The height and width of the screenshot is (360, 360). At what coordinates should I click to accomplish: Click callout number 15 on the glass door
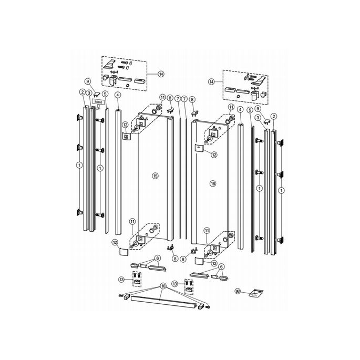click(x=155, y=174)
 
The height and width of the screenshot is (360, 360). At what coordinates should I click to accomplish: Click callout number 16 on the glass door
click(x=213, y=183)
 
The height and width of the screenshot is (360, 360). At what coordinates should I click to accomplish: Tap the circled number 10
click(x=163, y=285)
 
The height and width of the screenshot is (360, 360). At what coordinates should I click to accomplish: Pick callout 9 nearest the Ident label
click(x=88, y=81)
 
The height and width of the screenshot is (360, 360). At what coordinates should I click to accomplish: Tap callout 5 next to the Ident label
click(x=105, y=94)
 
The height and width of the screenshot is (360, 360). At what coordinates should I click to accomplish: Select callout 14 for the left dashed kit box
click(x=153, y=74)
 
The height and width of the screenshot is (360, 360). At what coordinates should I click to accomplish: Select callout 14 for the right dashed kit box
click(x=212, y=82)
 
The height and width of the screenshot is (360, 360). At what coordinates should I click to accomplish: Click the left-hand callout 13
click(x=122, y=280)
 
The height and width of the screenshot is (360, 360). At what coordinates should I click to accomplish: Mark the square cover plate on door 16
click(x=199, y=148)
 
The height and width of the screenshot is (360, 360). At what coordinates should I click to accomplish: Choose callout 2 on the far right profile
click(x=273, y=116)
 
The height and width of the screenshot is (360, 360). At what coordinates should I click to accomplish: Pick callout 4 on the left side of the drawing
click(x=118, y=95)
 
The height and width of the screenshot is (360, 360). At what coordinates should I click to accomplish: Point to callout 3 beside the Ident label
click(x=90, y=93)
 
